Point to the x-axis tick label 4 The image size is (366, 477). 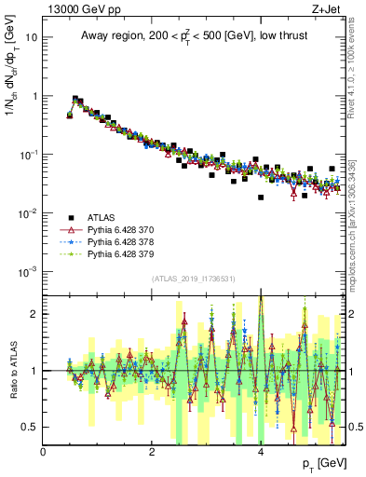(261, 452)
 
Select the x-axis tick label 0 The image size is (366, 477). (44, 452)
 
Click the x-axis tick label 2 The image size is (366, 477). (152, 452)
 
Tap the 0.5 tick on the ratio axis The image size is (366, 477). (31, 427)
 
